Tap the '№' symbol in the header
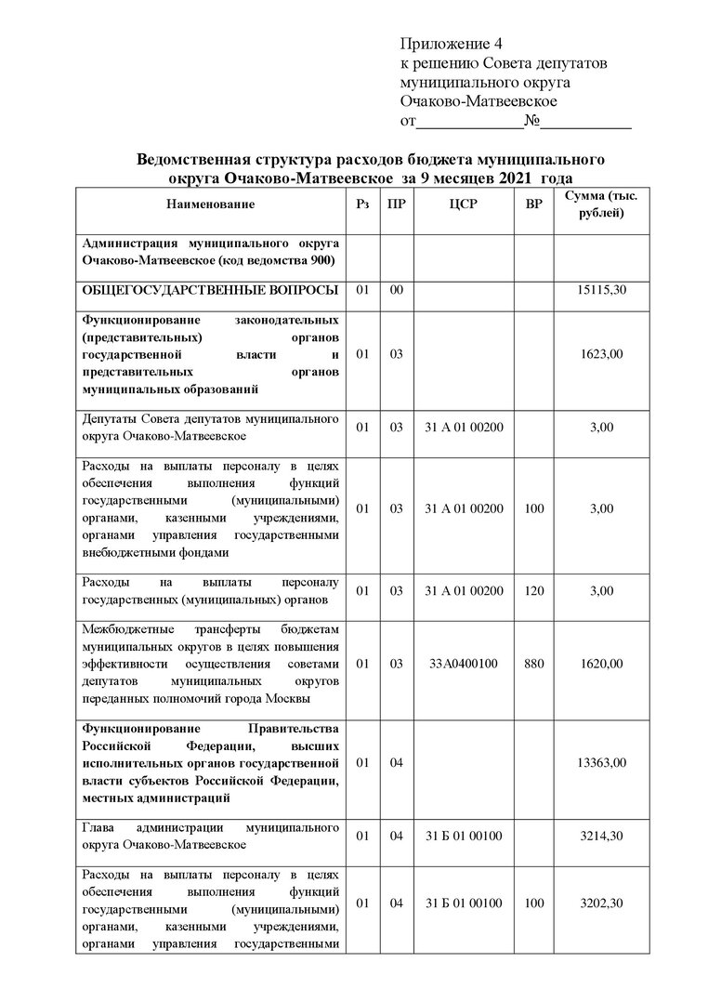pos(532,122)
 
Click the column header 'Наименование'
pos(211,204)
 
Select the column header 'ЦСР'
pos(463,204)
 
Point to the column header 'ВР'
pos(533,204)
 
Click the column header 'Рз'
pos(362,204)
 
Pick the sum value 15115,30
pos(601,291)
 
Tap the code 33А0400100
pos(463,664)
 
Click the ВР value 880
pos(533,664)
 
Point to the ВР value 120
pos(533,590)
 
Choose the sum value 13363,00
pos(601,763)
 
